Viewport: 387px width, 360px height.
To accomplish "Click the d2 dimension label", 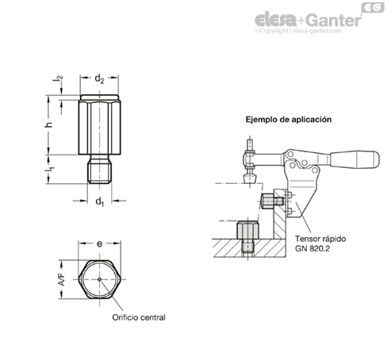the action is click(x=99, y=79).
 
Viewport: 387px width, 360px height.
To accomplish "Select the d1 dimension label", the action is click(x=100, y=202).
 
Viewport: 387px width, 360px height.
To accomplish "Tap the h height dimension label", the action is click(x=48, y=124).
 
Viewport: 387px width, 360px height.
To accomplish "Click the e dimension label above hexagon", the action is click(x=99, y=243).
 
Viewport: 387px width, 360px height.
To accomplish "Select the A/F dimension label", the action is click(x=62, y=280).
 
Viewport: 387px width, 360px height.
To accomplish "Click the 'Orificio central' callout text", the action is click(x=139, y=317).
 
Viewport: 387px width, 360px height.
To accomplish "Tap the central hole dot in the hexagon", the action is click(x=99, y=279).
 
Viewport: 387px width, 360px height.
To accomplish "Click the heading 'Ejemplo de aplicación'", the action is click(x=289, y=120).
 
